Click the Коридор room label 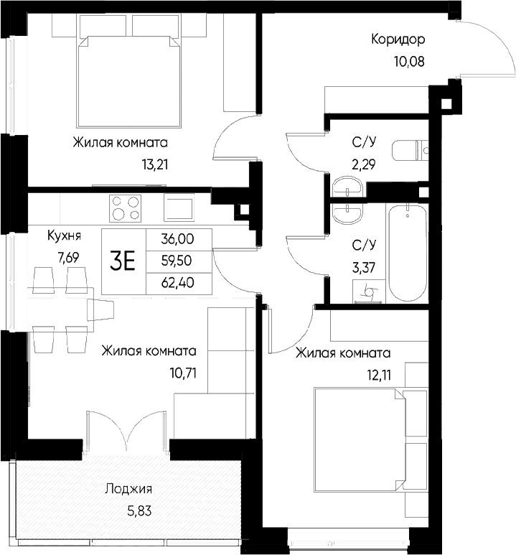coord(398,39)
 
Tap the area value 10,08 coord(408,60)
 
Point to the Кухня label coord(64,235)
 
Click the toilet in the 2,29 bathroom coord(411,151)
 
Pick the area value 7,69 coord(64,257)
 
